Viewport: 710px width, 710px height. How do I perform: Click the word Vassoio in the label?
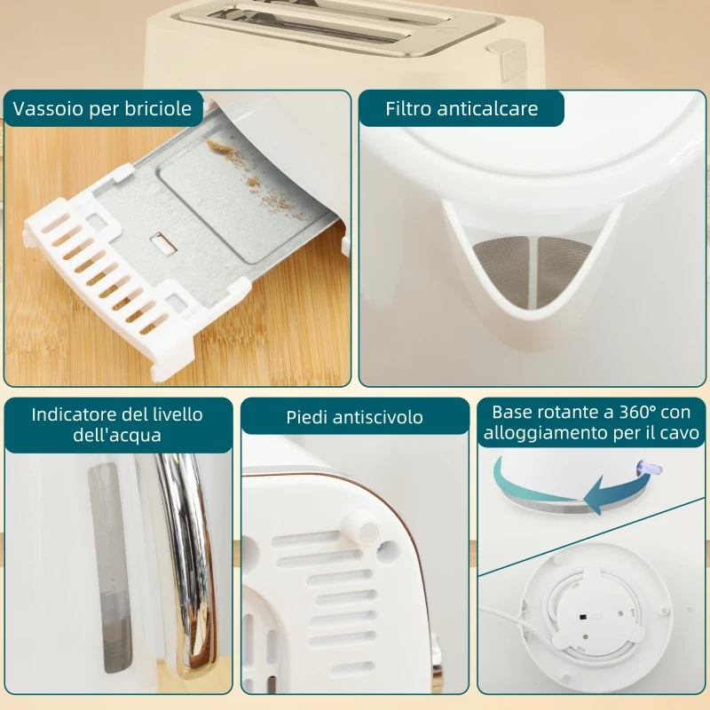pos(44,109)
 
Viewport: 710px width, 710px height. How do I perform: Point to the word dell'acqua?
pos(117,436)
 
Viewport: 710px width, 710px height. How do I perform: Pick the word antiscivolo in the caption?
pos(378,417)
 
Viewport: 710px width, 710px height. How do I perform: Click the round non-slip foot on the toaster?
pos(365,529)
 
